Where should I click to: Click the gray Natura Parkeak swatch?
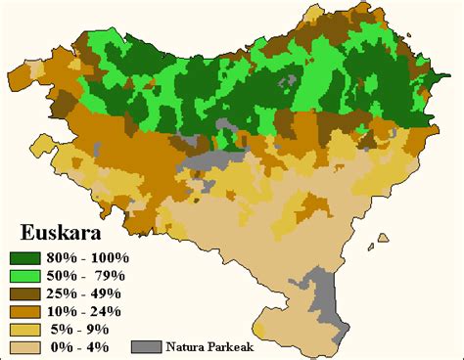(x=146, y=347)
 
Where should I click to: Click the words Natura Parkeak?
(x=207, y=347)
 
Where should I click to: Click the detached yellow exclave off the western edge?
(x=43, y=146)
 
